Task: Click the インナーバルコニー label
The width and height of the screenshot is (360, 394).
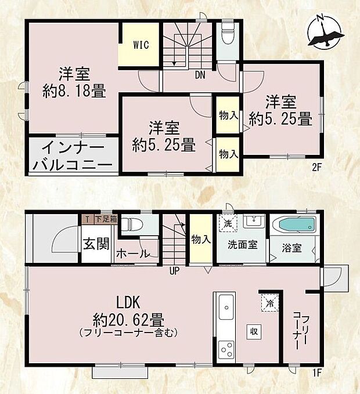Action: pyautogui.click(x=73, y=156)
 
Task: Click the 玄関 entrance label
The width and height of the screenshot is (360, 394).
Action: pyautogui.click(x=95, y=243)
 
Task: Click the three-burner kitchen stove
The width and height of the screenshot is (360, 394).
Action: pyautogui.click(x=225, y=350)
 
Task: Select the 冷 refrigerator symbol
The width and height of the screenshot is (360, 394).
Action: pyautogui.click(x=270, y=303)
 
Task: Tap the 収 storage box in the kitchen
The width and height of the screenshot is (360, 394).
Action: pyautogui.click(x=254, y=331)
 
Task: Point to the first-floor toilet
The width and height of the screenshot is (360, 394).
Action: pyautogui.click(x=132, y=223)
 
